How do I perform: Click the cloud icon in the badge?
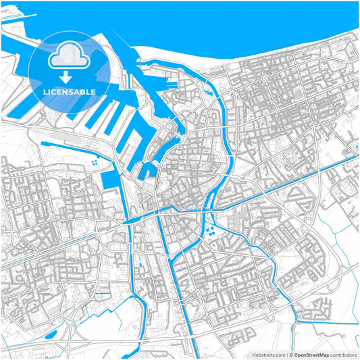coord(70,57)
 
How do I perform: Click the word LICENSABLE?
coord(70,91)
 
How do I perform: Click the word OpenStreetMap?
coord(311,354)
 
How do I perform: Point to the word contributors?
coord(344,354)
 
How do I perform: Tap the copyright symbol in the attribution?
coord(291,354)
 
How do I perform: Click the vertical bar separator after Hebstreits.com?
coord(286,354)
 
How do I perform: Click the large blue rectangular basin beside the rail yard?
coord(108,181)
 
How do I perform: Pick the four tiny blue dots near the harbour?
coord(94,161)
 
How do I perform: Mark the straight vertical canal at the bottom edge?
coord(194,338)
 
